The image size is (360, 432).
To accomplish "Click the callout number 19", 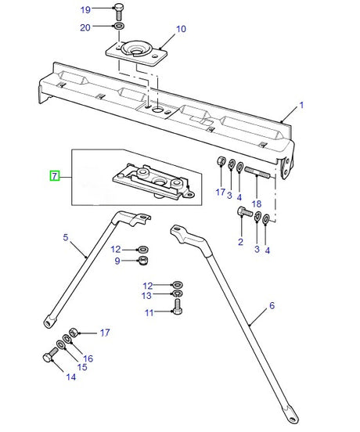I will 86,9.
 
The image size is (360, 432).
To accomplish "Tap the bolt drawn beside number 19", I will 117,11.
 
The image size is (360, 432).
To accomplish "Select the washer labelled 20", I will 117,27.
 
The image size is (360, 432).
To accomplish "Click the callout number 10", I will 181,29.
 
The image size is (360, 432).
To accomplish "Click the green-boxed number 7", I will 54,176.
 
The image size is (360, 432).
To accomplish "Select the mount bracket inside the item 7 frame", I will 150,181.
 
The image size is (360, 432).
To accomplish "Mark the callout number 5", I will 66,237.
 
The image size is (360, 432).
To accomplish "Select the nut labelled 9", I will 143,260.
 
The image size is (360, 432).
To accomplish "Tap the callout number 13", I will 148,296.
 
